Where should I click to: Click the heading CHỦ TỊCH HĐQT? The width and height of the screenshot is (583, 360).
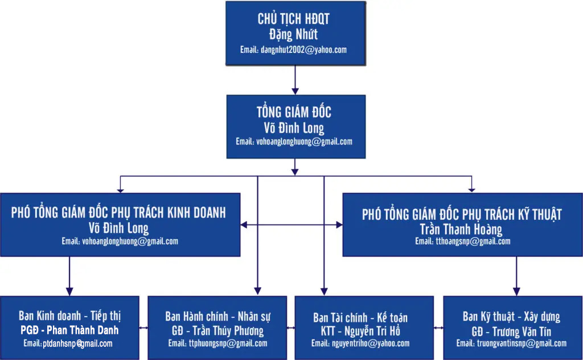tap(293, 19)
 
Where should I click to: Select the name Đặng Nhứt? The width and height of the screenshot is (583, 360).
tap(293, 35)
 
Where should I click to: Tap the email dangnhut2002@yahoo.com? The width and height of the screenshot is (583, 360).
tap(293, 50)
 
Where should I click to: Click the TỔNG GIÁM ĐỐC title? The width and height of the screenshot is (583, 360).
tap(294, 112)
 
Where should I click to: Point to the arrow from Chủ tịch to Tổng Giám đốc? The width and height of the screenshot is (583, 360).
tap(295, 80)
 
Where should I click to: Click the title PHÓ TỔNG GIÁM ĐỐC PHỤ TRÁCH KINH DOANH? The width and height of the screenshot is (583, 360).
tap(118, 212)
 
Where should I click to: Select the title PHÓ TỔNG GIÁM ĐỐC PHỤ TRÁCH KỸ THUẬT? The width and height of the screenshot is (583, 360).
tap(462, 215)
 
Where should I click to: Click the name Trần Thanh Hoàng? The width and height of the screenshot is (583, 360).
tap(461, 230)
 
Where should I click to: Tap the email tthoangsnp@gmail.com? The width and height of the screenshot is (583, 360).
tap(462, 242)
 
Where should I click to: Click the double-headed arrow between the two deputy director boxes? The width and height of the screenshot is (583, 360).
tap(291, 224)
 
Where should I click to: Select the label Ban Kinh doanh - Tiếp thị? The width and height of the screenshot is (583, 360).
tap(70, 316)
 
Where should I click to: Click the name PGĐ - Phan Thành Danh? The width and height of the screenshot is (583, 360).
tap(69, 330)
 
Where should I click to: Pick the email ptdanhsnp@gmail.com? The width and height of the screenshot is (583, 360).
tap(68, 343)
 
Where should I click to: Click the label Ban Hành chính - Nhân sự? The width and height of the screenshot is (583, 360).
tap(217, 317)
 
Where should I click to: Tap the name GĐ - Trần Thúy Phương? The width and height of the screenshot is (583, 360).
tap(217, 330)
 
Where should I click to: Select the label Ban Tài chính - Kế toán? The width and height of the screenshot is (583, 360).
tap(360, 318)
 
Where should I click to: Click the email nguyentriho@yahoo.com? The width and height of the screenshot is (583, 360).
tap(360, 343)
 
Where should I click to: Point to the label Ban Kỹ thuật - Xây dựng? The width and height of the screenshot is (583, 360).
tap(511, 317)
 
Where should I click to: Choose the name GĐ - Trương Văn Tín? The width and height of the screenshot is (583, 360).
tap(511, 332)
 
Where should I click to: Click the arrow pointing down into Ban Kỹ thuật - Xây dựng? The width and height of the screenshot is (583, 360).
tap(516, 276)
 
